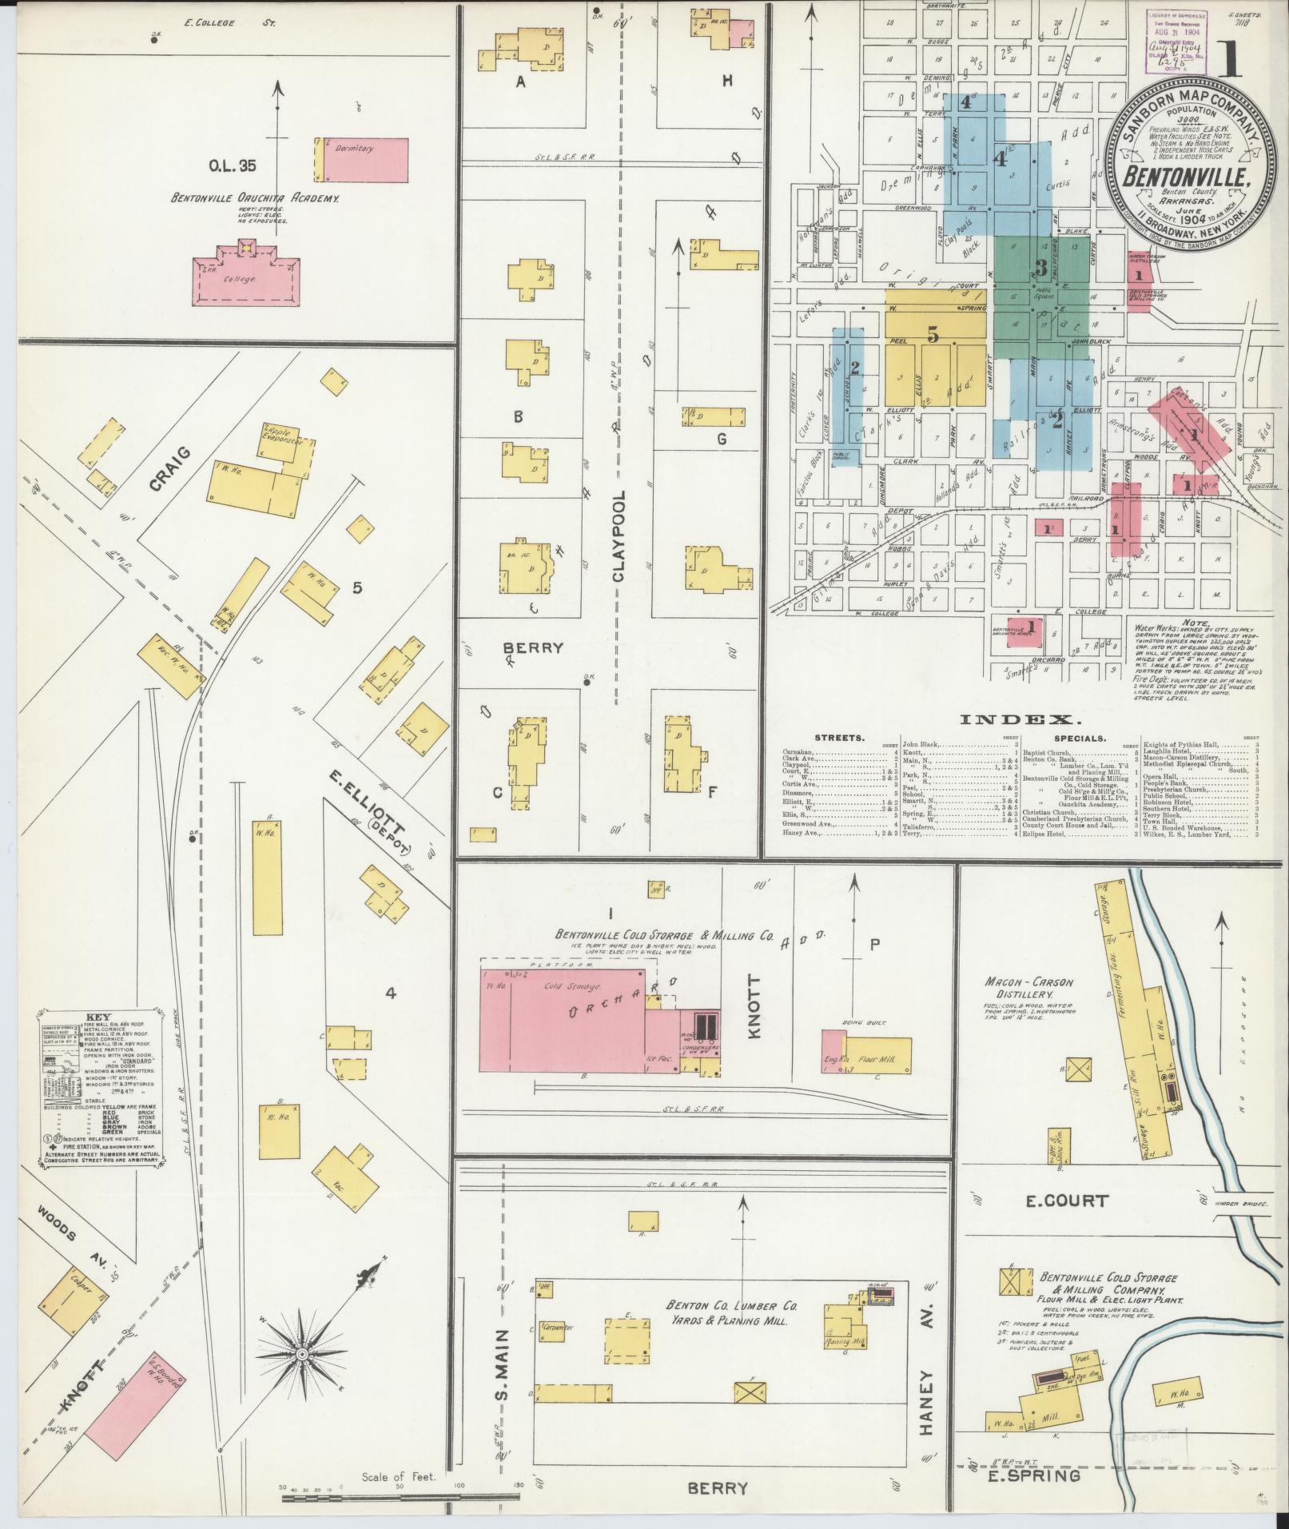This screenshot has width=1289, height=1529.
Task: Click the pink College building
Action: tap(246, 280)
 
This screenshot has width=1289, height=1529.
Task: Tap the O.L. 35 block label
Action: tap(233, 166)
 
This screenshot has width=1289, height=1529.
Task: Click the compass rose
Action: tap(303, 1353)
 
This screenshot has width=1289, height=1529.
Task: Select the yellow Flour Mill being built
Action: tap(877, 1058)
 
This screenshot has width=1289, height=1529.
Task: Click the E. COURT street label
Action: tap(1069, 1201)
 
